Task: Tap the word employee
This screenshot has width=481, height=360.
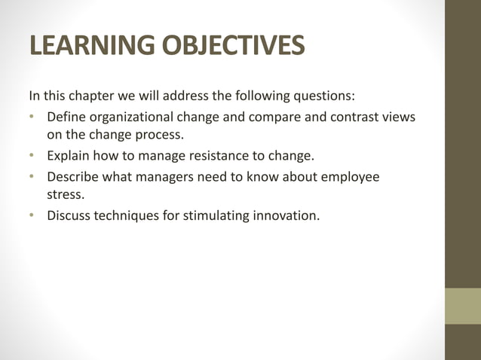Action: coord(349,177)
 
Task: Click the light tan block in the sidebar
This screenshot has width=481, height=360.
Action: coord(462,306)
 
